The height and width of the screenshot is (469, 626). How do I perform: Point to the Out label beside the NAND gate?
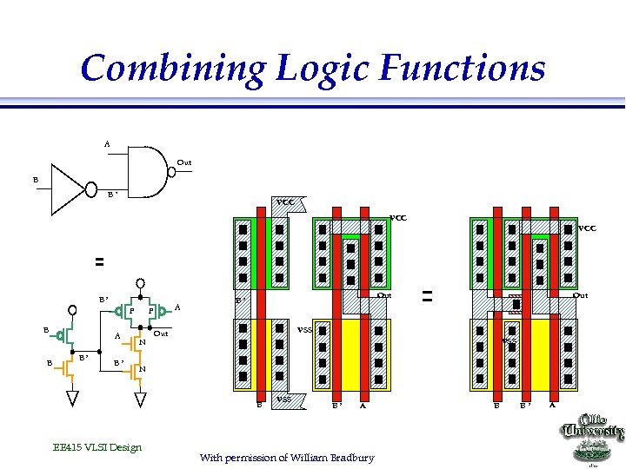(184, 162)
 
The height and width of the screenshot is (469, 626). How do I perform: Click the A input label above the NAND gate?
(107, 143)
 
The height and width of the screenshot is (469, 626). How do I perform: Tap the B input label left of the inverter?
(36, 180)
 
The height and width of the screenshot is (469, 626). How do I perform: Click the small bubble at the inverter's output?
(91, 188)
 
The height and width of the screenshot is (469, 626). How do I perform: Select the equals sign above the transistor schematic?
(98, 261)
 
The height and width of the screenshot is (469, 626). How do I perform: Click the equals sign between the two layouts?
(427, 296)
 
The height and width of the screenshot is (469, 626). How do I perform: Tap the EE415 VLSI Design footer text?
(97, 447)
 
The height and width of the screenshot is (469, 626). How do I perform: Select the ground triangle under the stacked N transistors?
(138, 399)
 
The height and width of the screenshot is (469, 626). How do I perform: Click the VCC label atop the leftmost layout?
(286, 202)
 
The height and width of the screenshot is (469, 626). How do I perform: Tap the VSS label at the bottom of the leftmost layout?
(283, 399)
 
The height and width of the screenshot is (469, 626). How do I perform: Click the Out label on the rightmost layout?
(579, 295)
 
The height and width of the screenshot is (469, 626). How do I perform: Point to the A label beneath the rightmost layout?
(551, 404)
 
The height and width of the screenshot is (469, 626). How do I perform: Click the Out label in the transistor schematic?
(161, 334)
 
